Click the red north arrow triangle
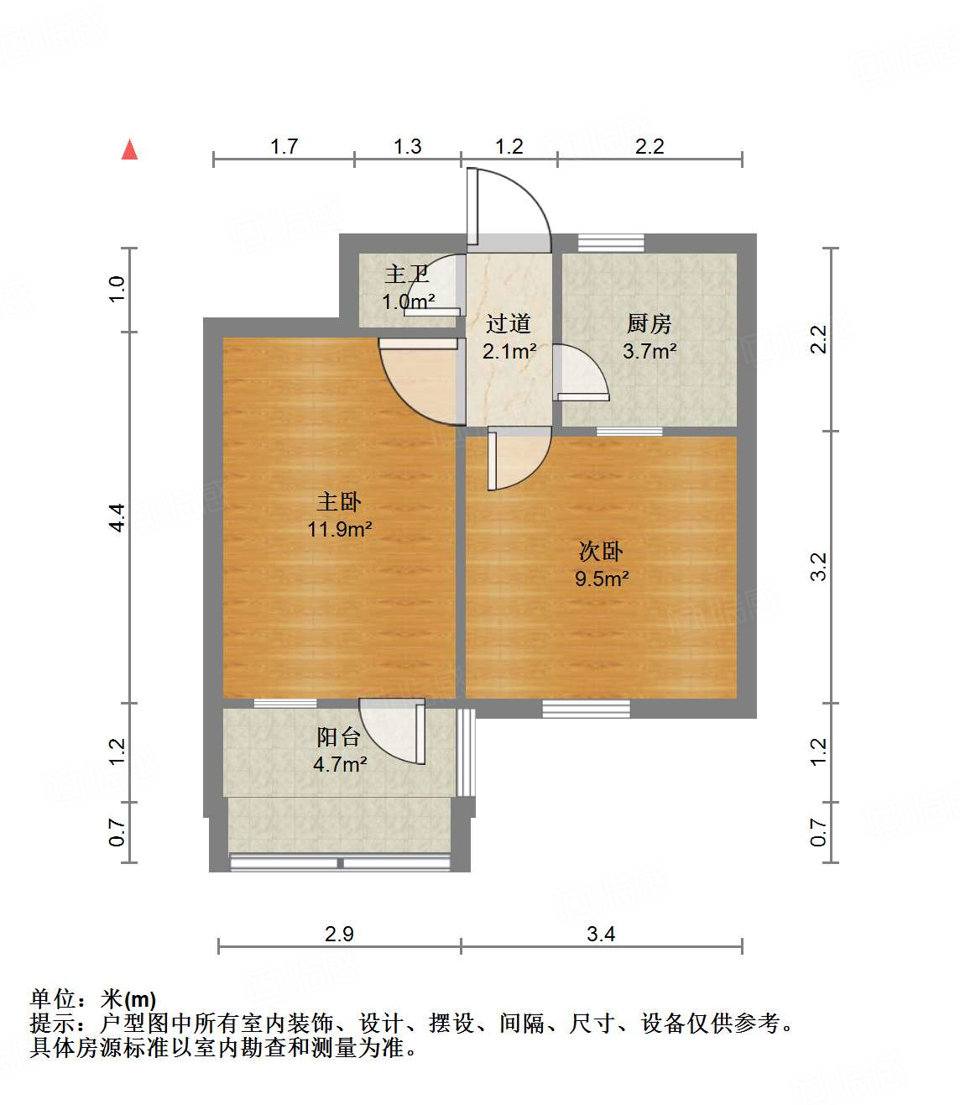pos(129,149)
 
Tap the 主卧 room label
pos(339,502)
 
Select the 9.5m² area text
pos(602,579)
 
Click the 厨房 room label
pos(649,324)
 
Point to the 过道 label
pos(509,324)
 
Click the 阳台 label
pos(339,737)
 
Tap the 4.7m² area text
pos(340,764)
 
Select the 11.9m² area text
pos(340,529)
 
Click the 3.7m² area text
pos(650,351)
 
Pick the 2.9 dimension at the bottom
pos(339,934)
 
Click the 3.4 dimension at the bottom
pos(601,934)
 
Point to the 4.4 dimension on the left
pos(117,517)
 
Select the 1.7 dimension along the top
pos(284,147)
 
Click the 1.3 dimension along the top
pos(408,147)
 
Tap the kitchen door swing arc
pos(580,370)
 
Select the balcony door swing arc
pos(393,731)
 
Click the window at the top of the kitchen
pos(612,242)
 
